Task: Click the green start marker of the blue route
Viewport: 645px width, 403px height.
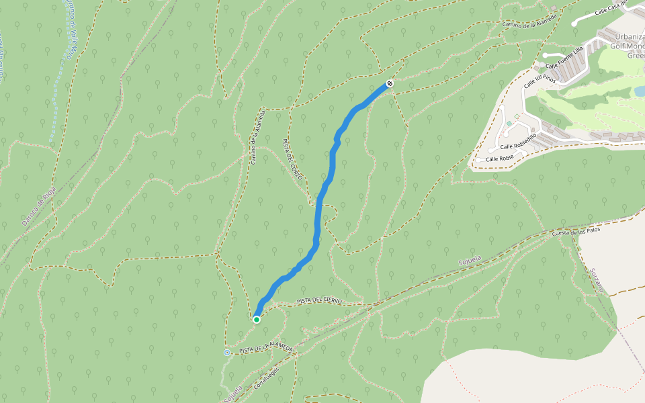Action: click(x=257, y=320)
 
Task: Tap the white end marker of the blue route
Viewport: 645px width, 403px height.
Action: click(x=389, y=84)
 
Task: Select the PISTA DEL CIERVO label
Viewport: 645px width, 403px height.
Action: click(x=319, y=300)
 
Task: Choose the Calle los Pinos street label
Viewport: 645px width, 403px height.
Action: click(x=540, y=80)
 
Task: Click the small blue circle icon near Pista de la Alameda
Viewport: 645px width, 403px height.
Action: click(x=227, y=353)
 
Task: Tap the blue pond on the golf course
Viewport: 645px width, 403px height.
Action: click(x=640, y=91)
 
